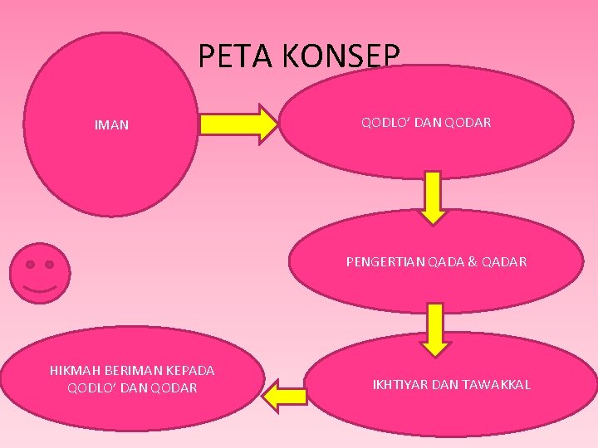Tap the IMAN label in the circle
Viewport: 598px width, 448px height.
point(111,126)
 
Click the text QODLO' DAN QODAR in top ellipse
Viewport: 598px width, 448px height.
point(426,122)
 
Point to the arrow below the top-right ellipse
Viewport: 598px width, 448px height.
point(433,197)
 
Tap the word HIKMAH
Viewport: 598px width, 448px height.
point(76,370)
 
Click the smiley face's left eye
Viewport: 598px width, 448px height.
point(30,265)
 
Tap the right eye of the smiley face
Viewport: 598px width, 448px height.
point(50,265)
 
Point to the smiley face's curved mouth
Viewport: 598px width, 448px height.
point(40,288)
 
